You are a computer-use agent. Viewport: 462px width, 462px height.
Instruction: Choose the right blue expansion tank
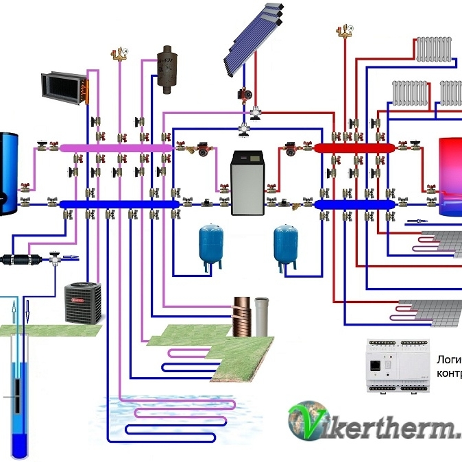pos(285,243)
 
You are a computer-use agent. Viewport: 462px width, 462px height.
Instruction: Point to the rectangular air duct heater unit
pos(65,88)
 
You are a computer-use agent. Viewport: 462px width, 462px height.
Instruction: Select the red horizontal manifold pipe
pos(354,147)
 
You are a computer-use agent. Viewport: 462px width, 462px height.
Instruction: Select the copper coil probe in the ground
pos(242,316)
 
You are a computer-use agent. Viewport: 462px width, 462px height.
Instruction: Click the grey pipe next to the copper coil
pos(261,316)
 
